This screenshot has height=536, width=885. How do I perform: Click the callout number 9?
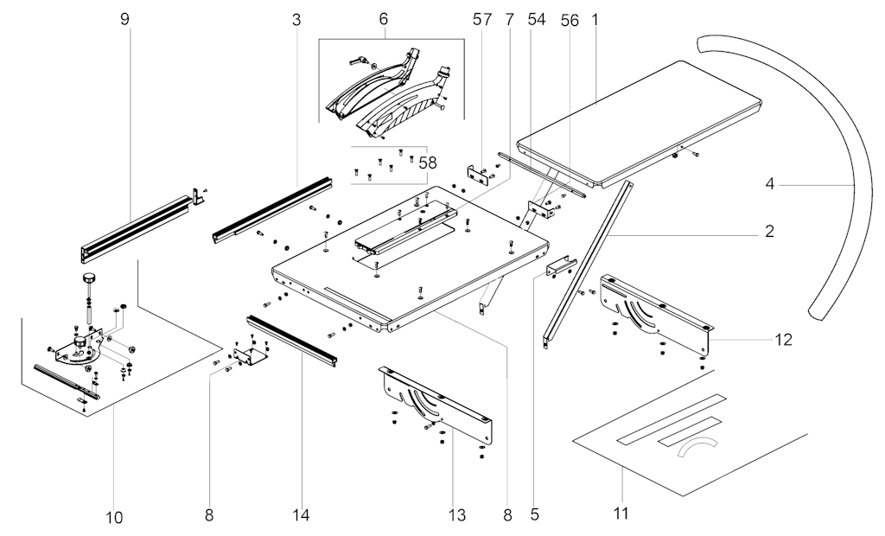coord(125,18)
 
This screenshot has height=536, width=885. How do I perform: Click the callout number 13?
coord(457,516)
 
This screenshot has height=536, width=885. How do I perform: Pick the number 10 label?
coord(114,518)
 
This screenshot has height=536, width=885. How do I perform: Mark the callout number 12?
coord(783,341)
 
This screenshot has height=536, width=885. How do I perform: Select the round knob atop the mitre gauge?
coord(88,278)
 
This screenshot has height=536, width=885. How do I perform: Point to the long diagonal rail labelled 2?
coord(588,260)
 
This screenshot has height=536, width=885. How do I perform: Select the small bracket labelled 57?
coord(478,173)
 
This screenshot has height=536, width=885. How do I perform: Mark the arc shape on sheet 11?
coord(698,450)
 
